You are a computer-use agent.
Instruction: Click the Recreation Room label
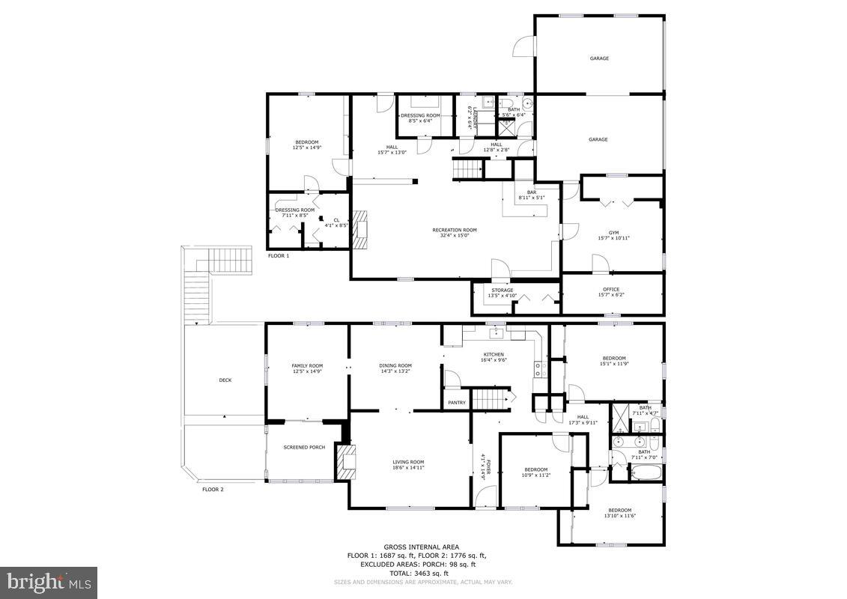tap(454, 230)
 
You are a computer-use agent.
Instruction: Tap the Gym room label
tap(613, 233)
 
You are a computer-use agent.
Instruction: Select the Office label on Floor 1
tap(611, 290)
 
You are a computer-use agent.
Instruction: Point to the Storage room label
tap(503, 290)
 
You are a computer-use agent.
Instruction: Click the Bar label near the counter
tap(532, 192)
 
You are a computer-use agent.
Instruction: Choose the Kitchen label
tap(494, 354)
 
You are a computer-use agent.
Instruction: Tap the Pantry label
tap(457, 403)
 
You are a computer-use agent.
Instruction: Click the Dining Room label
tap(395, 365)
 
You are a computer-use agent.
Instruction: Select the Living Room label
tap(408, 462)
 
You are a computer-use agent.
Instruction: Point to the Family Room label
tap(307, 365)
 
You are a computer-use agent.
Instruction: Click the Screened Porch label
tap(304, 447)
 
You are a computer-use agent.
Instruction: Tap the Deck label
tap(225, 380)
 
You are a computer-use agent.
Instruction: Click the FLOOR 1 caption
tap(279, 255)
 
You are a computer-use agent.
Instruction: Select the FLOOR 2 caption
tap(213, 489)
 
